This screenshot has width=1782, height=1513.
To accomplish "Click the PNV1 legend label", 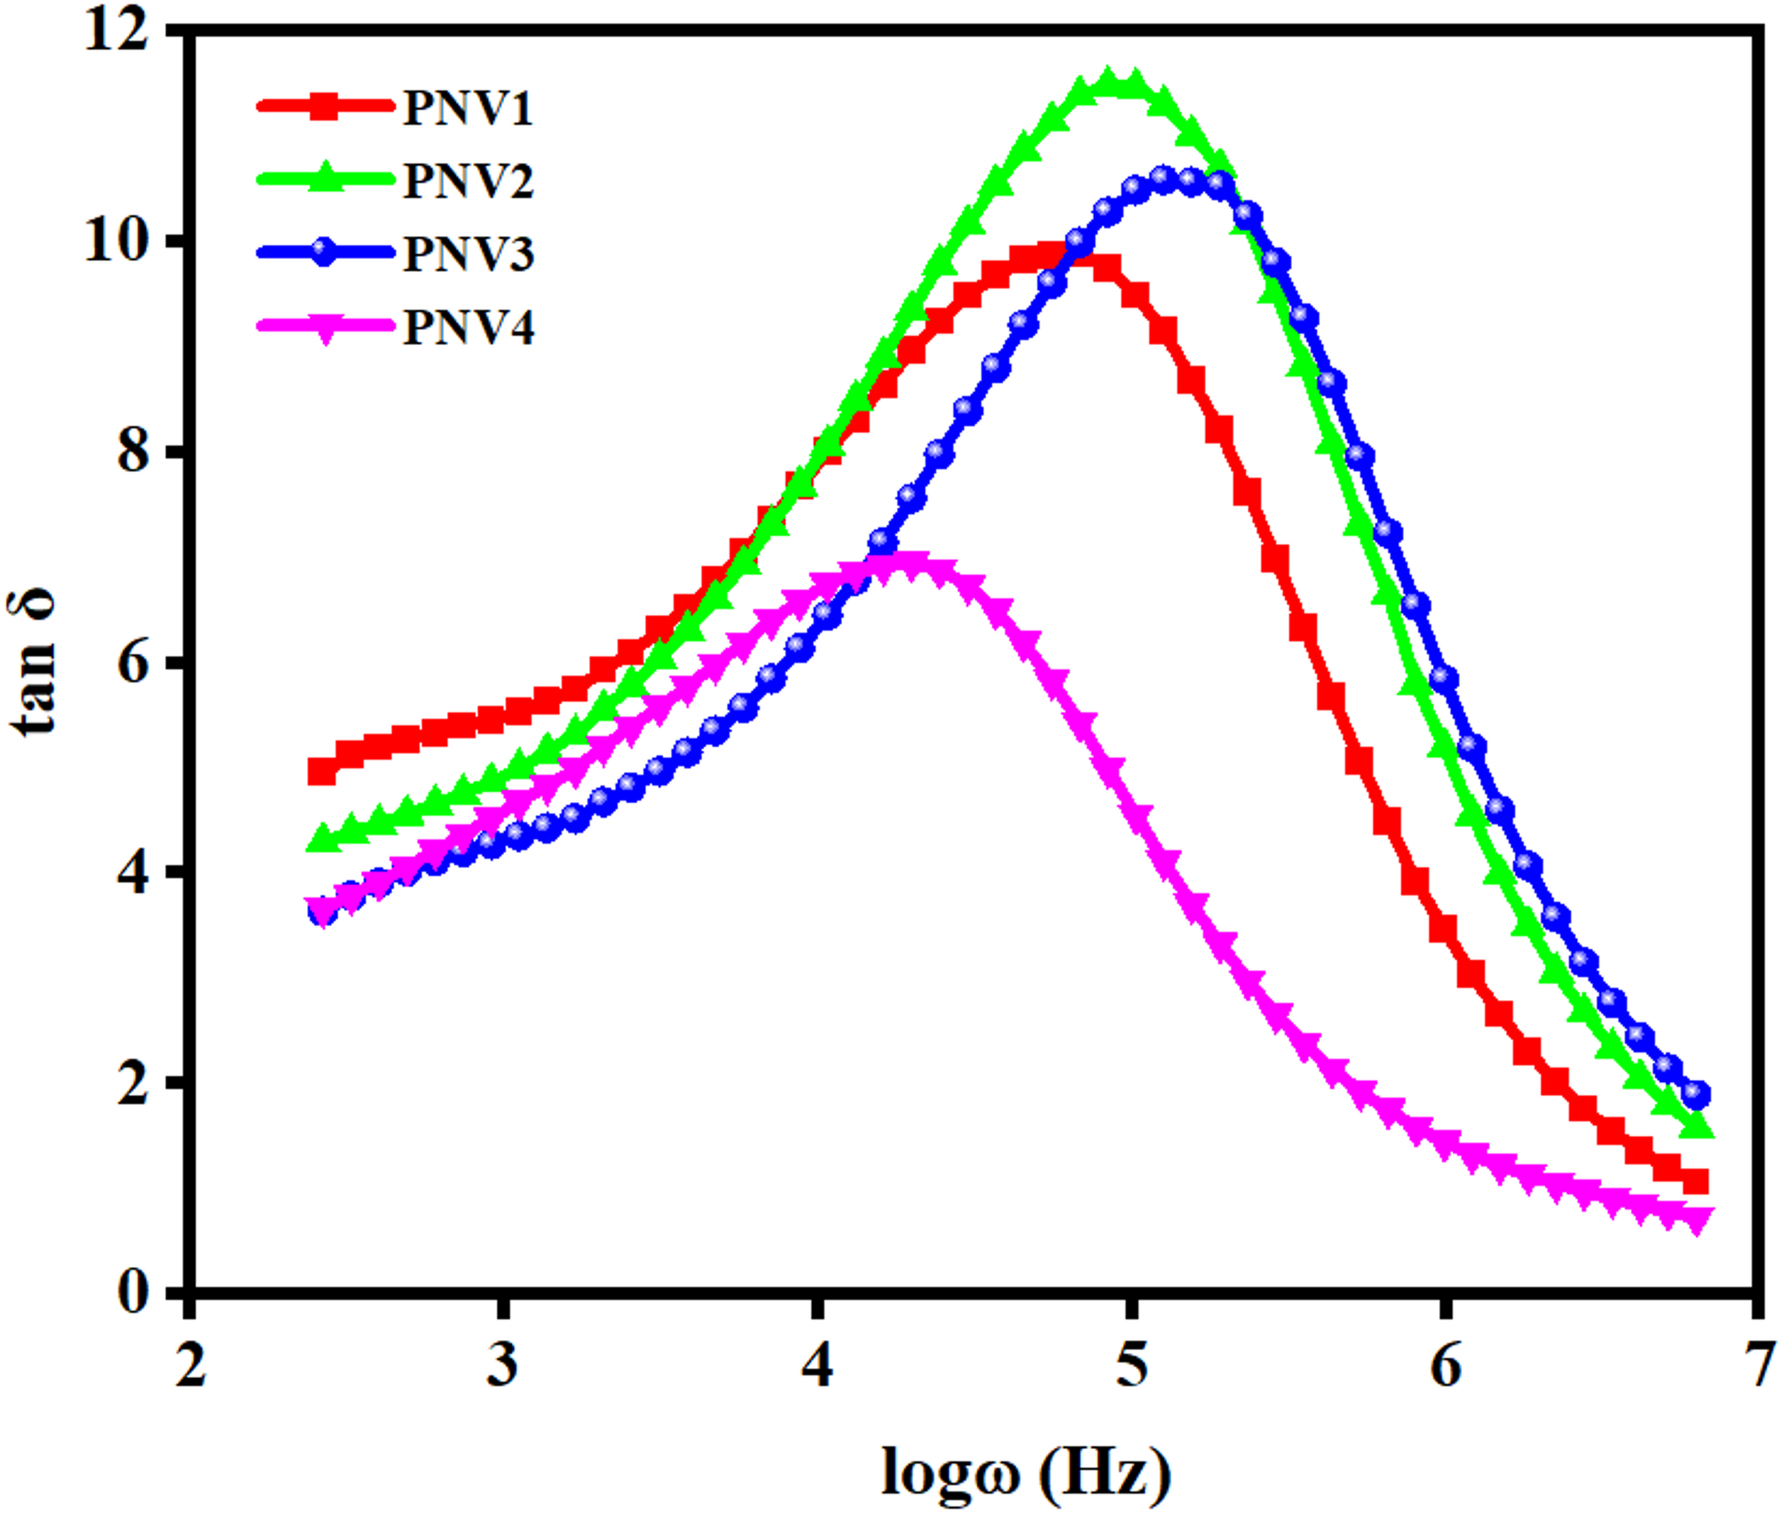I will click(468, 108).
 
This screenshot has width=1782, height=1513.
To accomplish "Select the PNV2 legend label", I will click(468, 181).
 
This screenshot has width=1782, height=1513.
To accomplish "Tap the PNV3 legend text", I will click(468, 255).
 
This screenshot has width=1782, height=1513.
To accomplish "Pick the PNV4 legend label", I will click(468, 328).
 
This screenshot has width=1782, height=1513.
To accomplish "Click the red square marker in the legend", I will click(325, 107).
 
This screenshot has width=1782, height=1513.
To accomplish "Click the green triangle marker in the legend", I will click(325, 177).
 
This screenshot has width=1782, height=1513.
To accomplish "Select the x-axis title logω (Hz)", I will click(1025, 1473).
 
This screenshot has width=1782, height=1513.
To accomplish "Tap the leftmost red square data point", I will click(321, 771).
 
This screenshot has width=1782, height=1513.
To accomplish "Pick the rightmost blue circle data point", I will click(1696, 1095).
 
